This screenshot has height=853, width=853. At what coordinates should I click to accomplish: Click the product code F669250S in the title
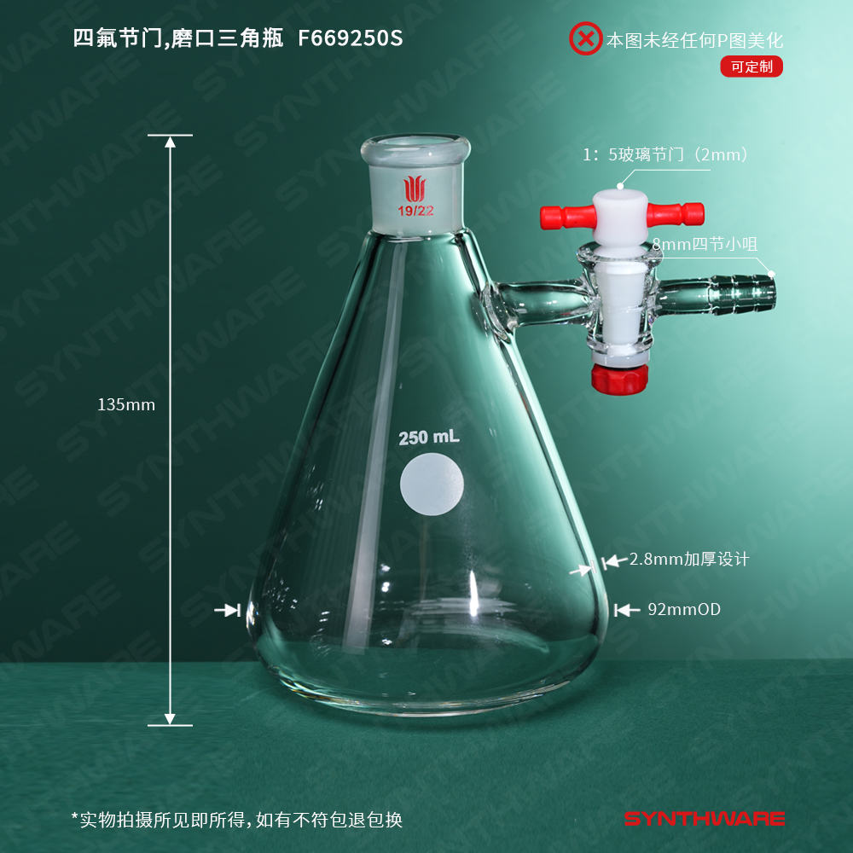(x=351, y=38)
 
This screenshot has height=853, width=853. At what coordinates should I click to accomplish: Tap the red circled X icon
(x=585, y=38)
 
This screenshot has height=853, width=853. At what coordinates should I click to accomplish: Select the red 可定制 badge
(x=751, y=67)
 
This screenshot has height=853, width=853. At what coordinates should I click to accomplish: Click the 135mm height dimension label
(x=126, y=404)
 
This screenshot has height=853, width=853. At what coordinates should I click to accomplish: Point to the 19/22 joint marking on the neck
(x=415, y=211)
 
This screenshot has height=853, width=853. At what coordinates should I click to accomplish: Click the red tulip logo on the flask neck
(x=415, y=189)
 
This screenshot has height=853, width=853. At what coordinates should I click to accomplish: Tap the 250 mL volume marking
(x=429, y=438)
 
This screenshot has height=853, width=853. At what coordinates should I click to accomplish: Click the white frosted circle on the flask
(x=432, y=485)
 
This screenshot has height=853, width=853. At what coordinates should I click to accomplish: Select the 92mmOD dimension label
(x=684, y=609)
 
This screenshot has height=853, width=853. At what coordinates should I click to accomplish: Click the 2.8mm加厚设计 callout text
(x=689, y=560)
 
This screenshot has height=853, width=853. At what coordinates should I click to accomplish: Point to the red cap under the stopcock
(x=619, y=379)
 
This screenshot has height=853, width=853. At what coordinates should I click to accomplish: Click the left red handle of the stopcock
(x=566, y=217)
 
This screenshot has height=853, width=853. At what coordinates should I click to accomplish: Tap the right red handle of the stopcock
(x=676, y=214)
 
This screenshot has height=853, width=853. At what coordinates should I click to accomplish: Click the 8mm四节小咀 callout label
(x=705, y=244)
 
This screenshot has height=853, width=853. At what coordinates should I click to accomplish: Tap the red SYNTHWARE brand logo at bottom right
(x=705, y=818)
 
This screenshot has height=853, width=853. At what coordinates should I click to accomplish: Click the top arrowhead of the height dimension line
(x=171, y=142)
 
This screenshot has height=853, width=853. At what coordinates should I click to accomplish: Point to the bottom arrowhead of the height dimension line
(x=170, y=718)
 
